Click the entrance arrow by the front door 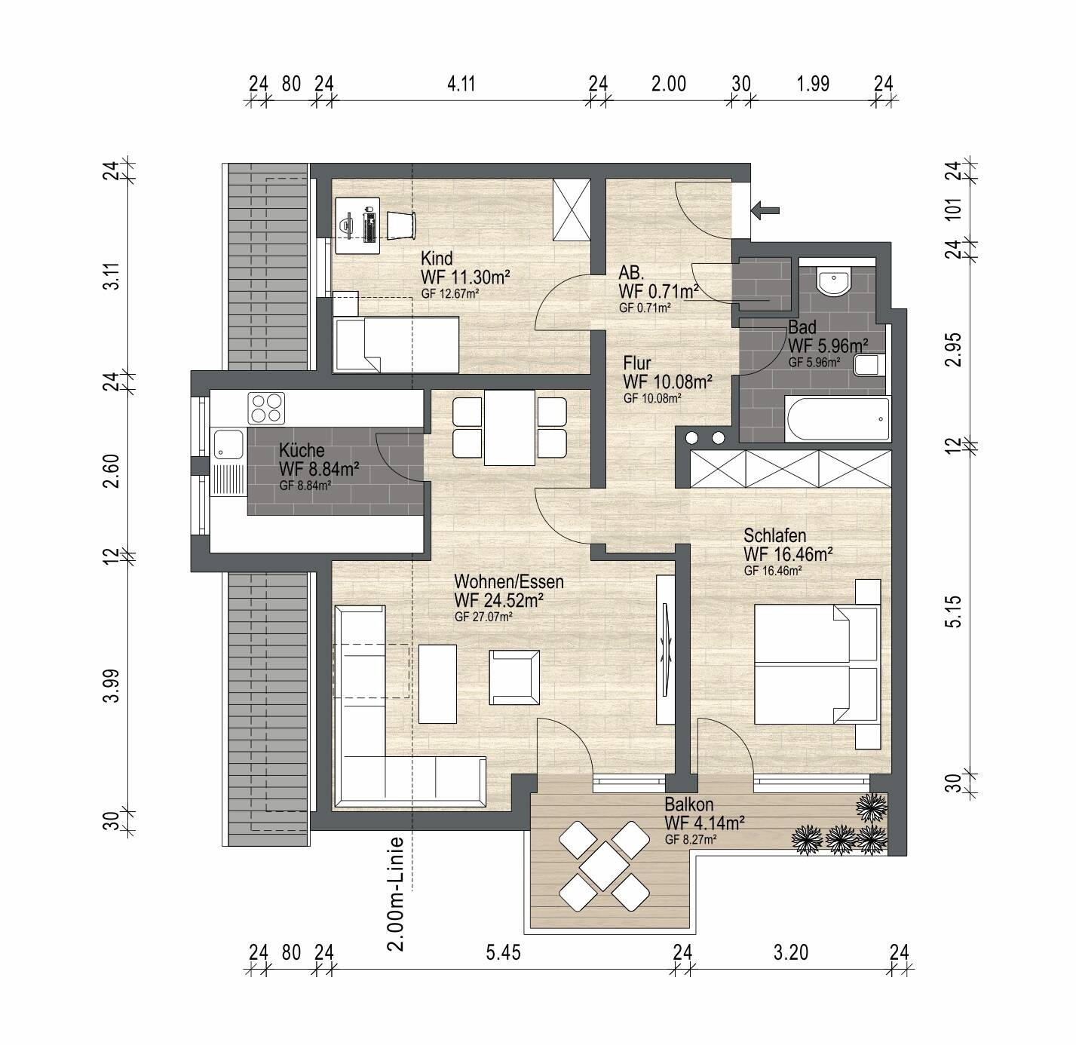click(765, 210)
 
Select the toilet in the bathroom click(869, 366)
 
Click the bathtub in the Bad click(837, 418)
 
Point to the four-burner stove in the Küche click(266, 408)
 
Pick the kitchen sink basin click(228, 445)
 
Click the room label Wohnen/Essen click(509, 581)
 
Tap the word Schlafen click(774, 535)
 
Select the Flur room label click(637, 363)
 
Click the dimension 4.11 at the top click(461, 84)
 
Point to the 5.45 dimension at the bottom click(503, 952)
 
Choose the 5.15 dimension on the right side click(953, 611)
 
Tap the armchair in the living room click(514, 677)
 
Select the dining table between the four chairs click(509, 428)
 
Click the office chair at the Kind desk click(401, 225)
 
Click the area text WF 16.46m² click(788, 554)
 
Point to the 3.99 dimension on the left click(112, 685)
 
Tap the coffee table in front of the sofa click(437, 684)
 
